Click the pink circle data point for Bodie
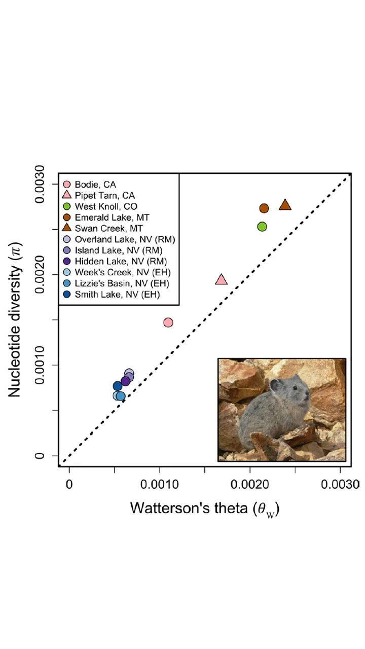(168, 322)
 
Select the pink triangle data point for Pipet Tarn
(221, 280)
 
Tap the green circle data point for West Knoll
(262, 226)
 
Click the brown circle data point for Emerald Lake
(264, 208)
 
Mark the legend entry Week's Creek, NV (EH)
(122, 272)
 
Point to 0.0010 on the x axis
(160, 484)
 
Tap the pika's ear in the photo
(275, 384)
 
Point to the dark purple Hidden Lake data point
(126, 381)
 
